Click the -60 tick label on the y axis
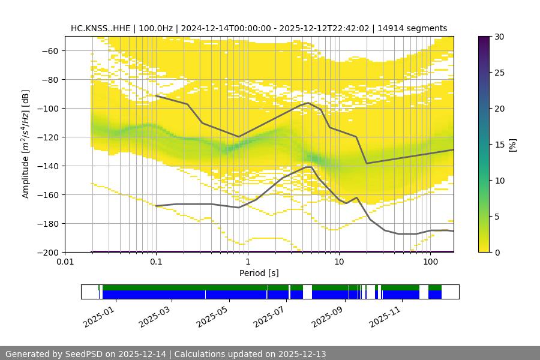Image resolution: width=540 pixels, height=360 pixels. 49,50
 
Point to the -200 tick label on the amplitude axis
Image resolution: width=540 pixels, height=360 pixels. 47,252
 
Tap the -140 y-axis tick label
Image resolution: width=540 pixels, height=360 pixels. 47,166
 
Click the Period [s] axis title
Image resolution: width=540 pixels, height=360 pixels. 259,274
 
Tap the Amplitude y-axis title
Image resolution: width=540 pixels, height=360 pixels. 26,144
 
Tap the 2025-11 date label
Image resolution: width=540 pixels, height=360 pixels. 385,314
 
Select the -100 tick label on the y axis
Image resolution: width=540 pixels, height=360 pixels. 47,108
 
